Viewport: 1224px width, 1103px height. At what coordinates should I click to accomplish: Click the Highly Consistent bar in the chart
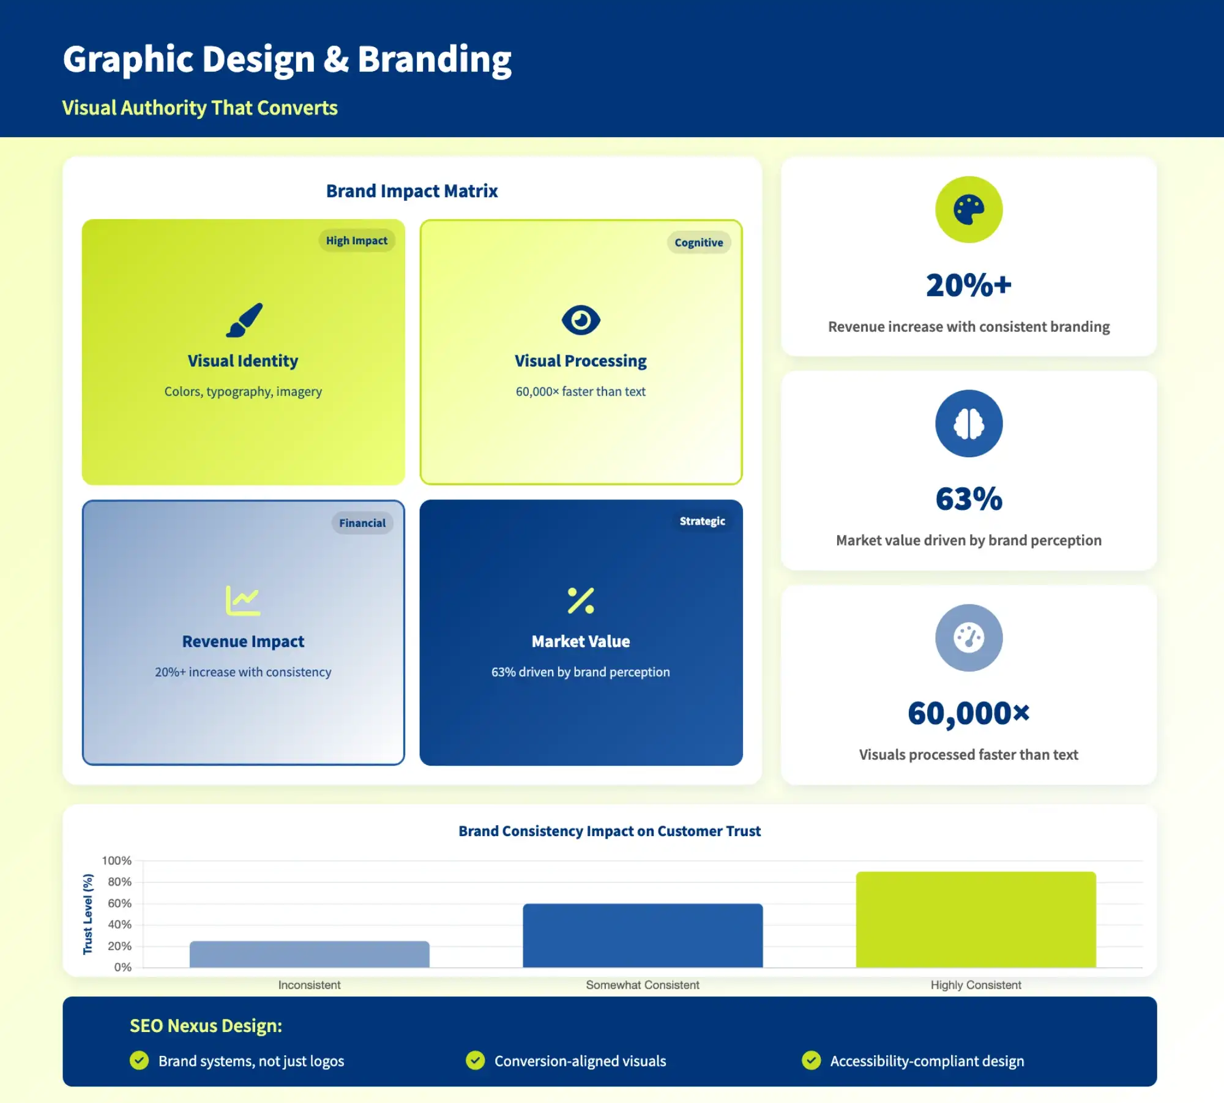coord(976,919)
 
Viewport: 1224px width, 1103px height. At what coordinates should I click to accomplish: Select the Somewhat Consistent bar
coord(643,935)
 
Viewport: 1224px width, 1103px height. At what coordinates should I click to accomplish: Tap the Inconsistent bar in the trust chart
coord(309,954)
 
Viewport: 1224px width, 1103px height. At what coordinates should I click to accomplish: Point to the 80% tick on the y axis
coord(119,882)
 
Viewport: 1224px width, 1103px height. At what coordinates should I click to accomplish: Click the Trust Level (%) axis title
coord(88,914)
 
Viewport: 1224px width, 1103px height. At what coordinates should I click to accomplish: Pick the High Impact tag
coord(357,241)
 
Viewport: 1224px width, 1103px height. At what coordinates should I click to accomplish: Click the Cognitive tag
coord(699,242)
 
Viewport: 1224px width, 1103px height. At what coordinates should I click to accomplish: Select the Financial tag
coord(362,523)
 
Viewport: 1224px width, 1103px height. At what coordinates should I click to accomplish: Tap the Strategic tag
coord(702,521)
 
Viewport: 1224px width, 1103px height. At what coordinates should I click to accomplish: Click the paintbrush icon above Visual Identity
coord(244,320)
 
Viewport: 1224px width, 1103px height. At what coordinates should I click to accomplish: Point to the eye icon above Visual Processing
coord(581,320)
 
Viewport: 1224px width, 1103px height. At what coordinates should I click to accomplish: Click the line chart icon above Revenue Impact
coord(243,600)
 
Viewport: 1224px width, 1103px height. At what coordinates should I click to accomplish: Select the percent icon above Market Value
coord(581,600)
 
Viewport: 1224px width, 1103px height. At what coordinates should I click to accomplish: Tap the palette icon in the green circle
coord(969,210)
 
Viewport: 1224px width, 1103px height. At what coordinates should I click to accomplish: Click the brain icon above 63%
coord(969,424)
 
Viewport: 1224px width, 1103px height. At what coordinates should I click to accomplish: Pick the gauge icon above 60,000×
coord(969,638)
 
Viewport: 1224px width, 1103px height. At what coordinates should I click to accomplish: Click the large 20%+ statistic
coord(969,285)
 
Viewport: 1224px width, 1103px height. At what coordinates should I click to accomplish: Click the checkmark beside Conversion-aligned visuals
coord(475,1060)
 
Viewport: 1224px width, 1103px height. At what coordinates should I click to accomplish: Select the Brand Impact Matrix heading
coord(412,191)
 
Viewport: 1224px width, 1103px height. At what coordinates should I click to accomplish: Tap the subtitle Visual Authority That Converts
coord(200,108)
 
